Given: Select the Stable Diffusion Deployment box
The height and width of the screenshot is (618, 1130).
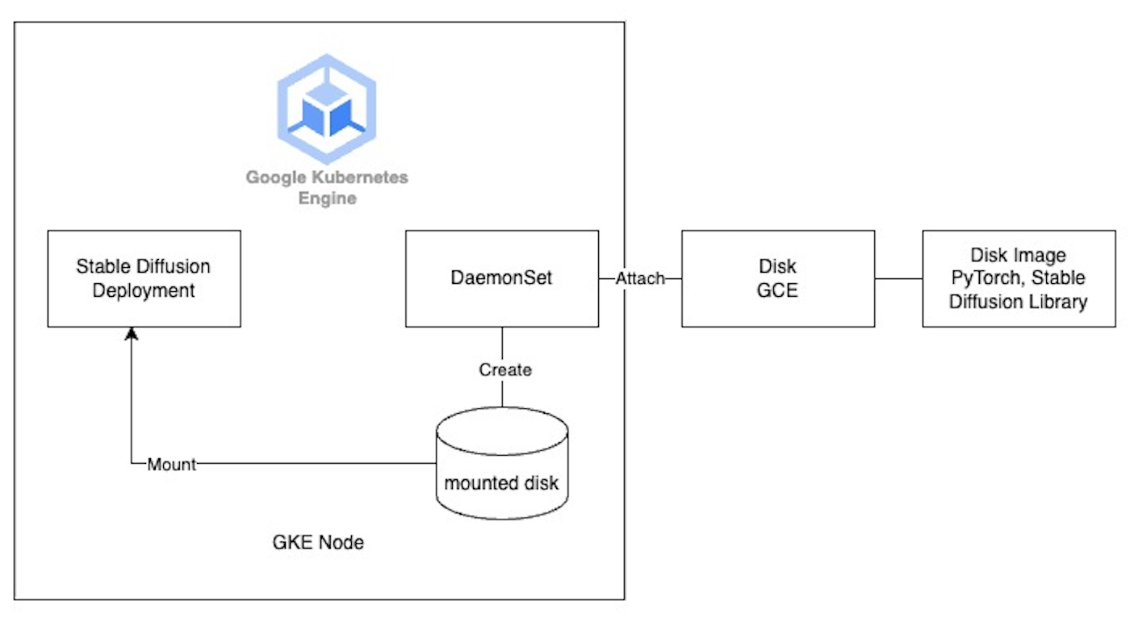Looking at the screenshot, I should coord(144,278).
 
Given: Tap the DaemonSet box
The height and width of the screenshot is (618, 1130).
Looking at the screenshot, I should coord(502,278).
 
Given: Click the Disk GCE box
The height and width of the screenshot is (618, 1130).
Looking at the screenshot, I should coord(777,278).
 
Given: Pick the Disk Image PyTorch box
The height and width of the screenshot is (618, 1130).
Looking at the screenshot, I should coord(1019,278).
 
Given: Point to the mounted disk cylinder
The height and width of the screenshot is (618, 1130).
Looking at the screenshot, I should coord(501,464).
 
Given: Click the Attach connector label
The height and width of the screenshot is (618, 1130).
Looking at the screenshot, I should coord(640,278).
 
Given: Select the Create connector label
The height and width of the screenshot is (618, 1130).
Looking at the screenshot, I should coord(505,370).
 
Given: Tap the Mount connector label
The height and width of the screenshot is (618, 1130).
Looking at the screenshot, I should coord(171,464).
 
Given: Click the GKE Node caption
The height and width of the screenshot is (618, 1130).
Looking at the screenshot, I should coord(318,542).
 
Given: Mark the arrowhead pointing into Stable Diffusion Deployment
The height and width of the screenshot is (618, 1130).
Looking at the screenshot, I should coord(132,333).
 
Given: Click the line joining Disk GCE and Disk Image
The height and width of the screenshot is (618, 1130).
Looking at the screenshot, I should coord(898,278).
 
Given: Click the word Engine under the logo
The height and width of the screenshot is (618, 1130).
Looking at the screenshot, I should coord(327,198).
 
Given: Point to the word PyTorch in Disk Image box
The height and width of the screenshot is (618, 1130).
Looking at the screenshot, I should coord(983,278).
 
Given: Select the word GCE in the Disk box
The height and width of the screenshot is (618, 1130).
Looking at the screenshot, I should coord(777,290).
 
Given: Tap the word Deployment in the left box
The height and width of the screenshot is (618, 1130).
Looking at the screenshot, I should coord(144,290).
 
